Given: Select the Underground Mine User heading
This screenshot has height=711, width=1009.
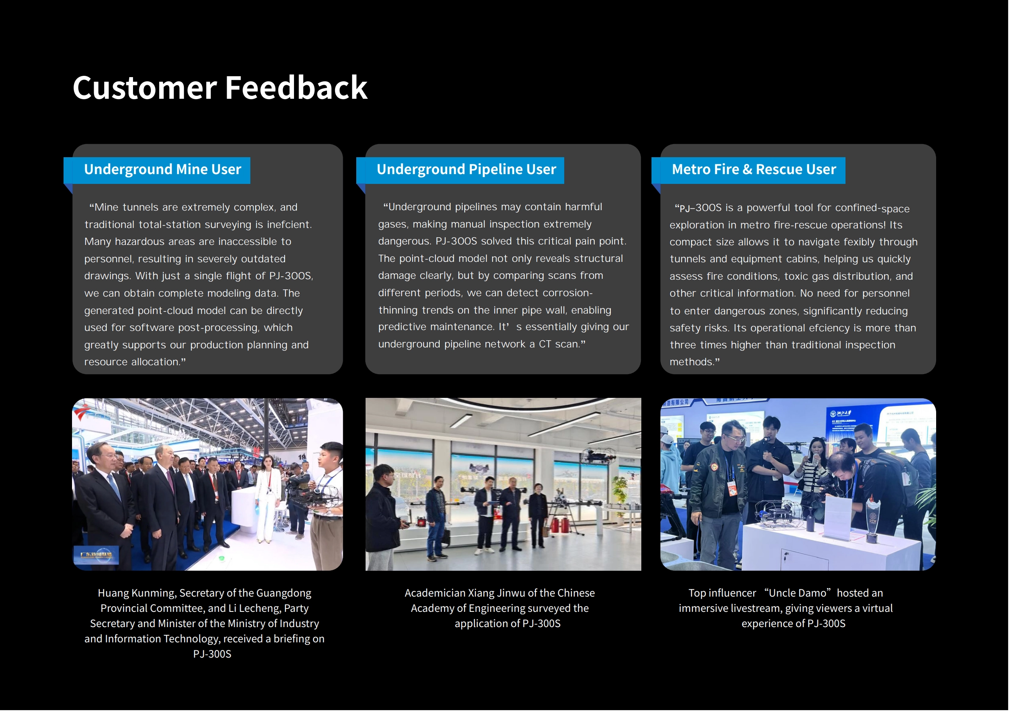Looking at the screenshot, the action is (x=163, y=169).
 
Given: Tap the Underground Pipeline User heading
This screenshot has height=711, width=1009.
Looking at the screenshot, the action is (x=466, y=169).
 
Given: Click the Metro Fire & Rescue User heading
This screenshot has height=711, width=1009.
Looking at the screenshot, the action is (x=754, y=169).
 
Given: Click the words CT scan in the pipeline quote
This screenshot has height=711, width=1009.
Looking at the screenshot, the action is (x=559, y=344).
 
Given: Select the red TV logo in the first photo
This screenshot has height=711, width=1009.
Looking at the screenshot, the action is (x=82, y=412).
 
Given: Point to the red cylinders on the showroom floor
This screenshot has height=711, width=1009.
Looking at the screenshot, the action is (x=561, y=525).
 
